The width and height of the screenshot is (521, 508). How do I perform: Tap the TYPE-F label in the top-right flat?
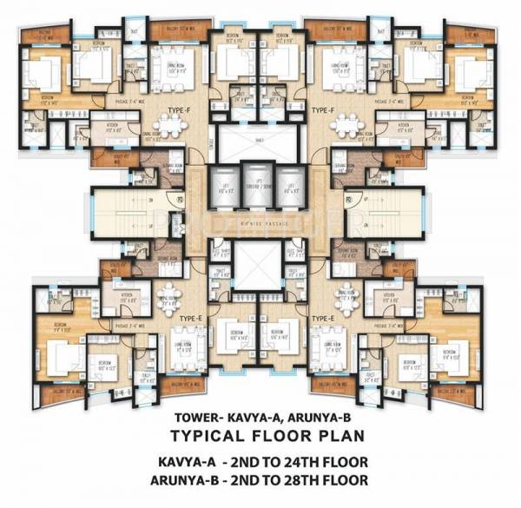pos(324,110)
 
